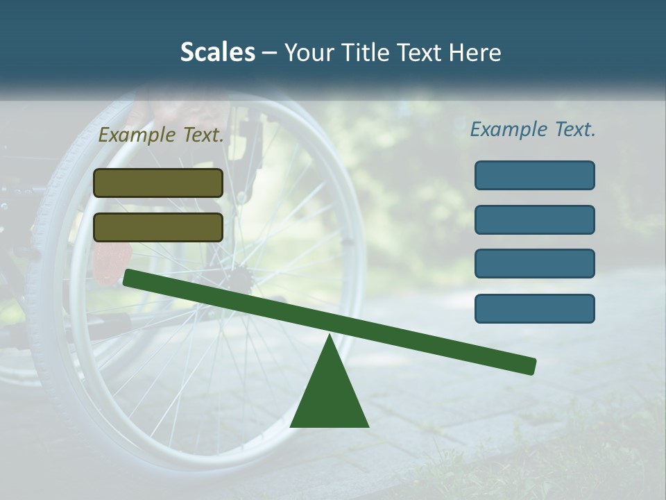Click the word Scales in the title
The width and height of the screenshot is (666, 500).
pos(217,53)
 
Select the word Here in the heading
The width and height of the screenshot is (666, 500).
pos(476,53)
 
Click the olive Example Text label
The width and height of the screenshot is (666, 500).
pos(161,135)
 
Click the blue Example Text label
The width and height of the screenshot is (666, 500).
pos(533,129)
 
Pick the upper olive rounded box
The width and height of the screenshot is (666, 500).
pos(158,183)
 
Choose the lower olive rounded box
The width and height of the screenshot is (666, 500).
pos(158,227)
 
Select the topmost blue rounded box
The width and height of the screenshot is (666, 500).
pos(535,175)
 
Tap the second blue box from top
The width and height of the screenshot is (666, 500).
pos(535,219)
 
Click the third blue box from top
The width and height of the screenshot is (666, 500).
pos(535,264)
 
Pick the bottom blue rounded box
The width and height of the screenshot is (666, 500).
pos(535,308)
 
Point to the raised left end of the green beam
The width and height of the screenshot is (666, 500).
pos(129,277)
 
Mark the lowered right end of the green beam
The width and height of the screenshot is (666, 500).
pos(530,366)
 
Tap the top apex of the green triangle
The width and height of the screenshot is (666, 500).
pos(330,337)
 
